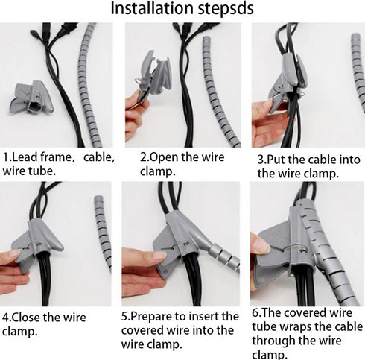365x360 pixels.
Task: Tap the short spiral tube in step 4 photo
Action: pos(103,231)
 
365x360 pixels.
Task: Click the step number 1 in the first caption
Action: pos(7,158)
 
